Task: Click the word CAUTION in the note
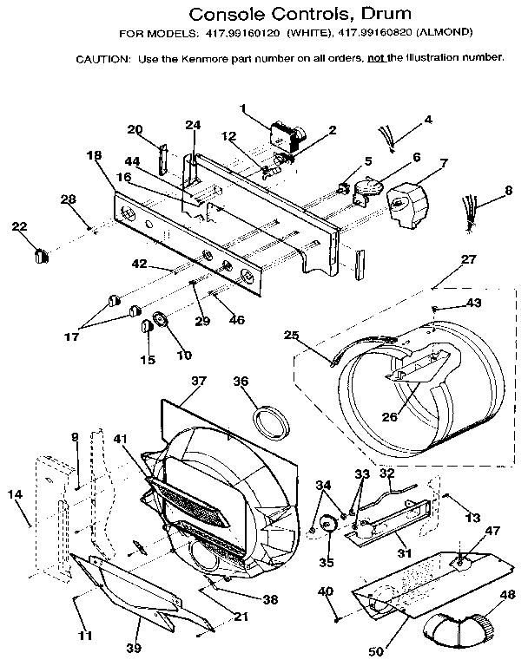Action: click(102, 58)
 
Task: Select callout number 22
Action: click(20, 226)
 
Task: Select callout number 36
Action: click(240, 380)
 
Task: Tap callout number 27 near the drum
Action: click(468, 258)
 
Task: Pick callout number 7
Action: click(443, 163)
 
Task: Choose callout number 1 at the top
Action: click(244, 108)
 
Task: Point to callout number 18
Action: click(94, 155)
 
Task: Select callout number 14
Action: click(15, 494)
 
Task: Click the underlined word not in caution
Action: click(378, 57)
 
